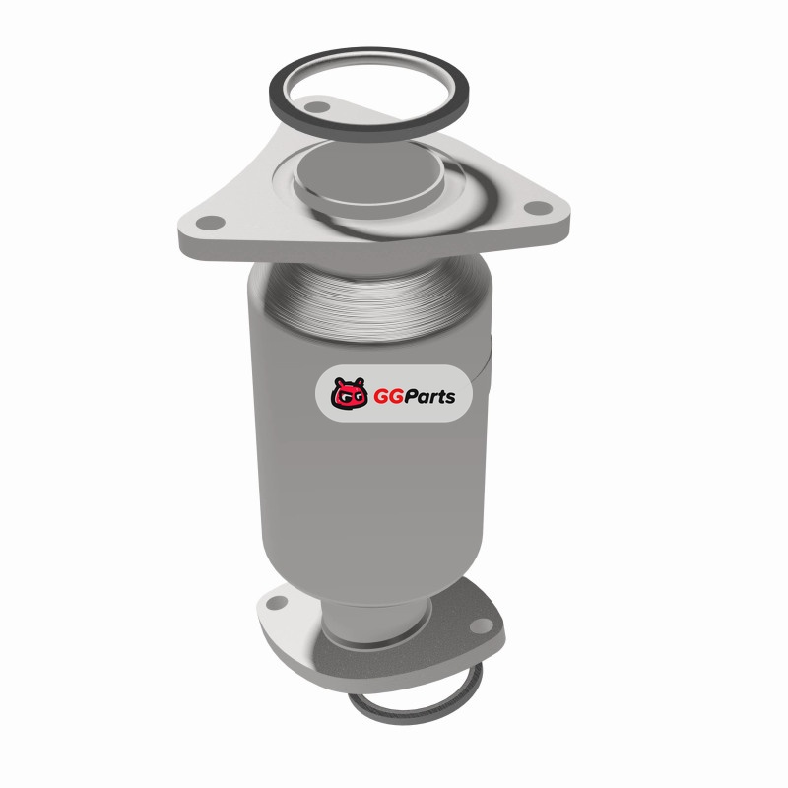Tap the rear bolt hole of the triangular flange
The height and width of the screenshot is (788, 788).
point(316,107)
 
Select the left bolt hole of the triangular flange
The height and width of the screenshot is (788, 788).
point(210,223)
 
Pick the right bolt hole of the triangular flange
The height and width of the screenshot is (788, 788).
point(538,207)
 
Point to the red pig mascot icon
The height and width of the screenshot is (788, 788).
point(349,393)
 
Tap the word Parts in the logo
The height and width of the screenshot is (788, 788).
point(430,397)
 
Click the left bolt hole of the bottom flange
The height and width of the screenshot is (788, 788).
point(277,603)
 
